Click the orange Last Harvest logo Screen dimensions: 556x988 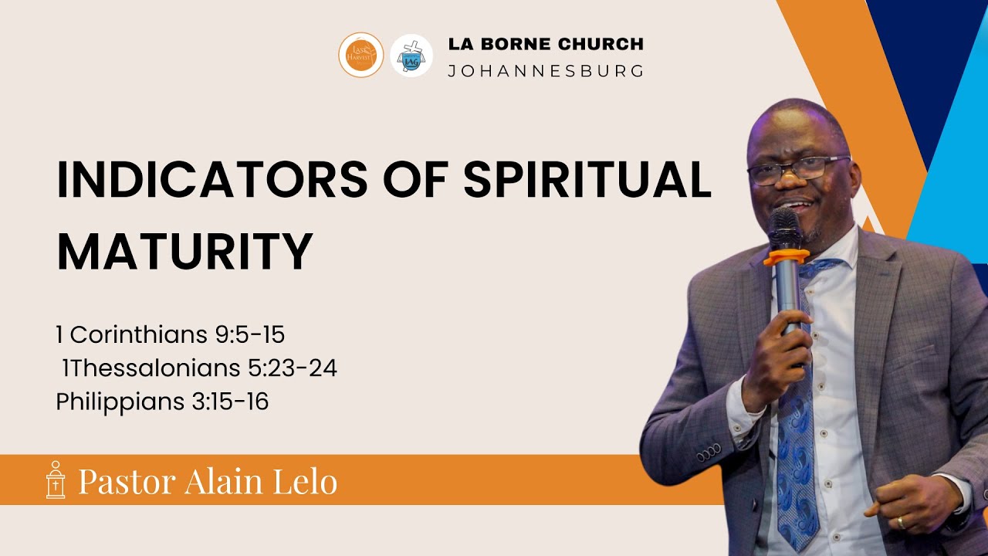[360, 55]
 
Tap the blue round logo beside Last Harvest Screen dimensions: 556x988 [411, 56]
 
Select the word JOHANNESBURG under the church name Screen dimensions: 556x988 [546, 71]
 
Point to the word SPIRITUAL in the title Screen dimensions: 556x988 [587, 180]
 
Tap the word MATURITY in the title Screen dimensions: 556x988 [184, 250]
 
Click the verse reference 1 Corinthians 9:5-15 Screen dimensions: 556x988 [171, 335]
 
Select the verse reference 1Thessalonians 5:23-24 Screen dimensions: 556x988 [199, 368]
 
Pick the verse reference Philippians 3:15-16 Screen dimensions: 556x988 [162, 402]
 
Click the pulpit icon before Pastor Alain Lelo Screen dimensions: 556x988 [56, 480]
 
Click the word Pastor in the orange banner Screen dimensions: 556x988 [127, 481]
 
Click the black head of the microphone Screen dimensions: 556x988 [784, 229]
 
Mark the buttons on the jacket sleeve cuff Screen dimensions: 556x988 [708, 453]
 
